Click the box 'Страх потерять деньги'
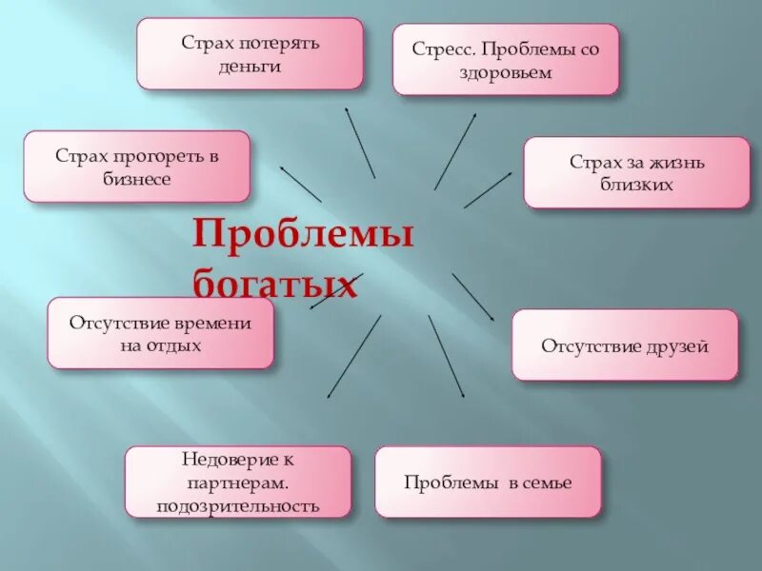250,53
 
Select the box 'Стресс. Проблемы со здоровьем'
506,59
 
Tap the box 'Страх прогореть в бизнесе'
136,167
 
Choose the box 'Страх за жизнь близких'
636,172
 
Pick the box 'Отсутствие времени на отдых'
160,333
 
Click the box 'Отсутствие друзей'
625,345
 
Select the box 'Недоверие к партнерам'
237,482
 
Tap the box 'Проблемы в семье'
488,482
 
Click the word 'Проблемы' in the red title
304,234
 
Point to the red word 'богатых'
275,283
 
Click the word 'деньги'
250,68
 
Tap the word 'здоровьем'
506,73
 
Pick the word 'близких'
636,185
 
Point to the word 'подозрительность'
237,505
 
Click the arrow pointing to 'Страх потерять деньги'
359,142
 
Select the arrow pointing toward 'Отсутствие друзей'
472,297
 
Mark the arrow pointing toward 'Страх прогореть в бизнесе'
300,183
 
